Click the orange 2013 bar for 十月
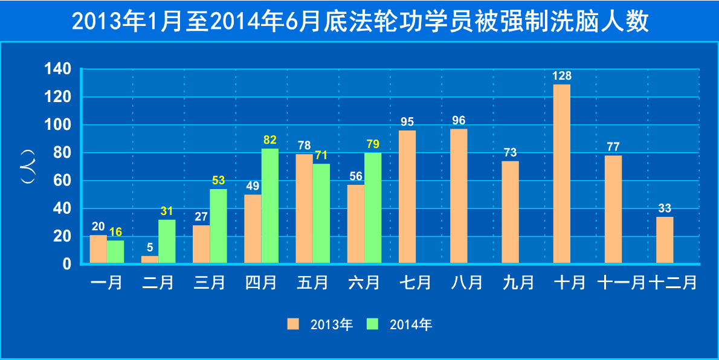point(561,173)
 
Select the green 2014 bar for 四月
point(269,205)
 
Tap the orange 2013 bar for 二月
point(150,260)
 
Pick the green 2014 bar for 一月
point(115,252)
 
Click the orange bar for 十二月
point(665,240)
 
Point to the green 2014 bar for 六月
point(373,208)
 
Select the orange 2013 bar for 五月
point(304,208)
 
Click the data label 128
point(561,76)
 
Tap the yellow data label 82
point(270,140)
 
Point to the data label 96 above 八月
point(459,121)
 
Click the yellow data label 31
point(167,211)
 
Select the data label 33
point(665,208)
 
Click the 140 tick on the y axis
point(58,69)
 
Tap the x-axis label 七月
point(416,283)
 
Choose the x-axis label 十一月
point(622,283)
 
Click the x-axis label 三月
point(210,283)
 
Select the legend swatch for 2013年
point(293,324)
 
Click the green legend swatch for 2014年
point(373,324)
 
